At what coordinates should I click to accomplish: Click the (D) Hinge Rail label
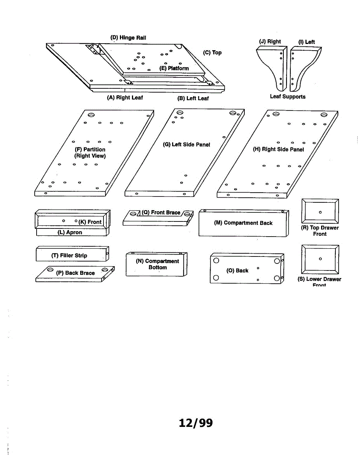point(128,38)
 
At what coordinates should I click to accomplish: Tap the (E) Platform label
point(174,68)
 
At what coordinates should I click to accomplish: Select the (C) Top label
point(212,53)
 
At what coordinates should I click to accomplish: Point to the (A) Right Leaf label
point(125,98)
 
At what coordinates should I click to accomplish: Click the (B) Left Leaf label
point(193,98)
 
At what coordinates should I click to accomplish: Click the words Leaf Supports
point(288,97)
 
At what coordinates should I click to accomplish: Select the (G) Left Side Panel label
point(186,144)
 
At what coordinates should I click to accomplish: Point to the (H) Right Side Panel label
point(278,149)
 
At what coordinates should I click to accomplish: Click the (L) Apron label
point(70,232)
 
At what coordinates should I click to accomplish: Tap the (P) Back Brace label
point(75,273)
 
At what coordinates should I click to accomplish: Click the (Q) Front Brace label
point(161,212)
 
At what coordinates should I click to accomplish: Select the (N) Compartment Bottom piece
point(156,265)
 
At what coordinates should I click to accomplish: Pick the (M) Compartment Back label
point(243,223)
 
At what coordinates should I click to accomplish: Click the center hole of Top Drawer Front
point(320,212)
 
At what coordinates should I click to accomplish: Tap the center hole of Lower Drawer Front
point(320,259)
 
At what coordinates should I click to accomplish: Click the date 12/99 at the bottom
point(196,423)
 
